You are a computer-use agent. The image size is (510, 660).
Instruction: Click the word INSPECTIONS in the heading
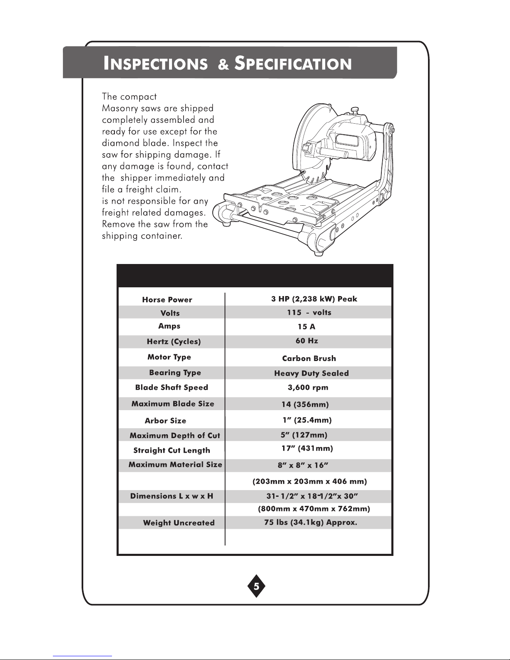coord(155,64)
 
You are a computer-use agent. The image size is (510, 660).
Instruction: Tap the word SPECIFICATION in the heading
coord(293,64)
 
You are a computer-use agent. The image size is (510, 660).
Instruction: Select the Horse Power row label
coord(167,300)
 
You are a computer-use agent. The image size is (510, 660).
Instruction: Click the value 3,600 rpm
coord(308,388)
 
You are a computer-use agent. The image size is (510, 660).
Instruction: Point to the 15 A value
coord(306,327)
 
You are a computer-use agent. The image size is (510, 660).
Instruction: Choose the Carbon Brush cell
coord(309,359)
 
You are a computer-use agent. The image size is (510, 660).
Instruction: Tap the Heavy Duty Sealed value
coord(311,374)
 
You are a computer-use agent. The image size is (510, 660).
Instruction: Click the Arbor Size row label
coord(165,421)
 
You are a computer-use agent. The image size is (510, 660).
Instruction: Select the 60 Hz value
coord(307,341)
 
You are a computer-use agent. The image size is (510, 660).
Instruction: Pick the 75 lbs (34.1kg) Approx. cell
coord(311,522)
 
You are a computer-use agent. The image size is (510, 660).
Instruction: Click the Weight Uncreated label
coord(179,523)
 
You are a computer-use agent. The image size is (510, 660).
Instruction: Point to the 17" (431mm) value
coord(307,448)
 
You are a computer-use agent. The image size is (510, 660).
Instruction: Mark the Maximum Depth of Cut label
coord(175,436)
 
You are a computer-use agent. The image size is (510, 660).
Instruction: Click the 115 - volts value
coord(309,313)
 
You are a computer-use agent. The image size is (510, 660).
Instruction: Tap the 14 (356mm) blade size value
coord(305,404)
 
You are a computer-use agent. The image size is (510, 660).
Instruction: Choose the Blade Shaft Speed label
coord(172,388)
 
